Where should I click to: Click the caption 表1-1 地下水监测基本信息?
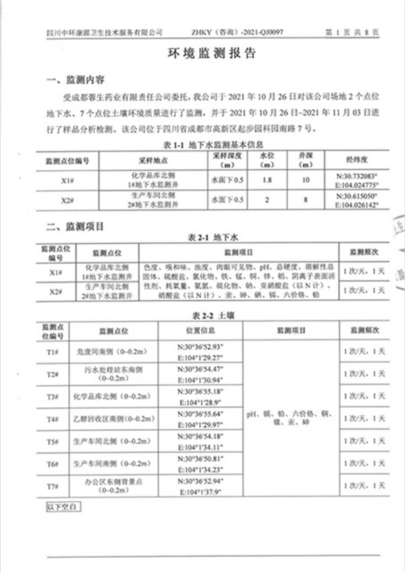[x=202, y=145]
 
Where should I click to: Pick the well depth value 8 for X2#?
[x=307, y=200]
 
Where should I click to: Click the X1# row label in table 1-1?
[x=67, y=180]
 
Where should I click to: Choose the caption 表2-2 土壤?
[x=202, y=315]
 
